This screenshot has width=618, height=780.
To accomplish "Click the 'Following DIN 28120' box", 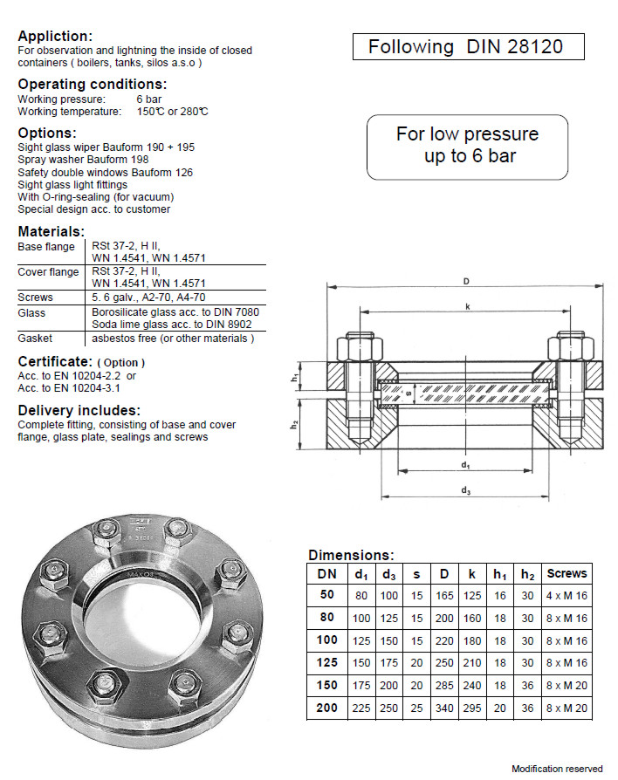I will coord(467,47).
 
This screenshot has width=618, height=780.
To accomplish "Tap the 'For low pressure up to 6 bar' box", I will coord(467,145).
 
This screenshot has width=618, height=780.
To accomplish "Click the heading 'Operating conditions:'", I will coord(92,85).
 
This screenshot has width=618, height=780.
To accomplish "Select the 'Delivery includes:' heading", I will coord(79,410).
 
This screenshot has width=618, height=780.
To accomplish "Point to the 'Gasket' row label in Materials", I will coord(35,338).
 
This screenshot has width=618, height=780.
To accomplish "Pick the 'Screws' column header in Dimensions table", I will coord(566,574).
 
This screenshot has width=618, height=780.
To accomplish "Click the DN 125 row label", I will coord(326,662).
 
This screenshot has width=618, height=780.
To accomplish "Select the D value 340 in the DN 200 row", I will coord(444,708).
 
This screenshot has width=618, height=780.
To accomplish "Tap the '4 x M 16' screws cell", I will coord(566,595).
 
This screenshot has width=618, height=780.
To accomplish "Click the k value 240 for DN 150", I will coord(472,685).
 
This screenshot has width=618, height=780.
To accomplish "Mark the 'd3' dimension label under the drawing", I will coord(466,491).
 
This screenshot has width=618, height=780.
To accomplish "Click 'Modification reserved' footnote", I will coord(557,769).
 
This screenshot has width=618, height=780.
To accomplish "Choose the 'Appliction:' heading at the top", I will coord(54,36).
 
